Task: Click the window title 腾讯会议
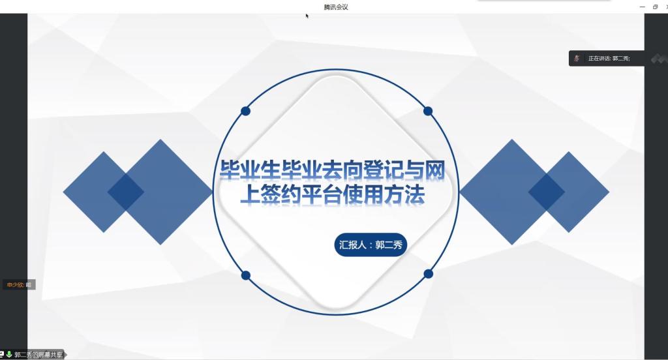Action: pyautogui.click(x=336, y=7)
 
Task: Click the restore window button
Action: pyautogui.click(x=655, y=7)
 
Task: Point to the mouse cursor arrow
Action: pyautogui.click(x=307, y=16)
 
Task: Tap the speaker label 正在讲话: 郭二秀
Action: pyautogui.click(x=609, y=58)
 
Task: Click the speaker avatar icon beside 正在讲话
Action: pyautogui.click(x=577, y=58)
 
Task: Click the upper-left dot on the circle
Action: pyautogui.click(x=245, y=111)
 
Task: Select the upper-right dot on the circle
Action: pyautogui.click(x=428, y=111)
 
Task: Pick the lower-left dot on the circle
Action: pyautogui.click(x=246, y=276)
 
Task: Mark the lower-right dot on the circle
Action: pyautogui.click(x=429, y=274)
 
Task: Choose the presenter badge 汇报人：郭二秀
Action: pyautogui.click(x=371, y=245)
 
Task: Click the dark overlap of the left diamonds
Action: pyautogui.click(x=126, y=192)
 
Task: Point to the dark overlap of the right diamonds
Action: pyautogui.click(x=547, y=192)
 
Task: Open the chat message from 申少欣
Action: pyautogui.click(x=19, y=284)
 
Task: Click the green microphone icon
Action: pyautogui.click(x=9, y=355)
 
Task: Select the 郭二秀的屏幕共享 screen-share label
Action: pyautogui.click(x=38, y=355)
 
